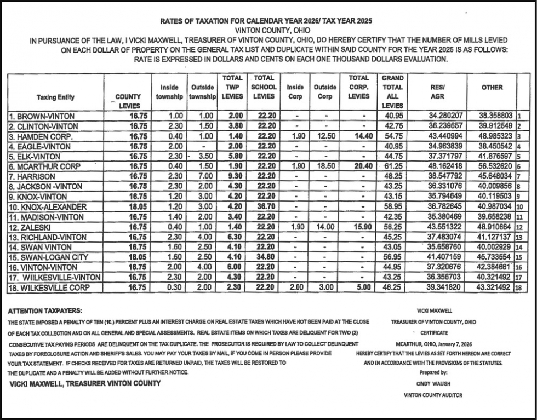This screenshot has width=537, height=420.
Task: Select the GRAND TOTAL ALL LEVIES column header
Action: (x=392, y=91)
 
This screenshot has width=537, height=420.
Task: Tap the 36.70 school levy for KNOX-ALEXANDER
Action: (x=264, y=206)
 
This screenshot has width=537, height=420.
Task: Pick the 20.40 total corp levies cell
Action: (x=359, y=166)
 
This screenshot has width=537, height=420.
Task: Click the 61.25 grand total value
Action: (x=393, y=166)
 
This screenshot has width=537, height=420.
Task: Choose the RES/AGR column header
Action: (x=438, y=91)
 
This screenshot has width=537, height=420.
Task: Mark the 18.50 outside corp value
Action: (x=325, y=166)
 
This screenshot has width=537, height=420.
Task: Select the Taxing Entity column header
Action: (x=55, y=97)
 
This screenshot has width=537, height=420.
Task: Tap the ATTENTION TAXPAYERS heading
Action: (x=45, y=311)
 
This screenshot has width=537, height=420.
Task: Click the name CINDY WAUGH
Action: (x=433, y=384)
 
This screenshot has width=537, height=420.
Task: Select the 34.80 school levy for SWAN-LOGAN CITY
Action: (x=264, y=257)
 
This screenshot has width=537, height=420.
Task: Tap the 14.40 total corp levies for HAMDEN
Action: (x=359, y=136)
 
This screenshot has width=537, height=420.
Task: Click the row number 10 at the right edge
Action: (x=519, y=206)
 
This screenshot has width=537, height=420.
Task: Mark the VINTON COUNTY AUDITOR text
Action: (x=433, y=395)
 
